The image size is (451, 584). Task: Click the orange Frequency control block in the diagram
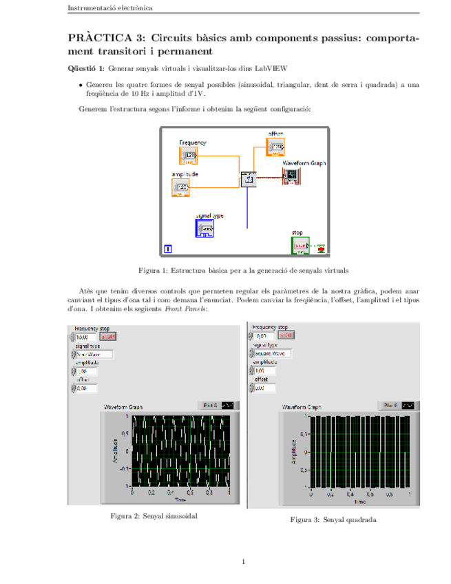pyautogui.click(x=189, y=156)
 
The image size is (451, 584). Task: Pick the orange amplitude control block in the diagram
pyautogui.click(x=180, y=187)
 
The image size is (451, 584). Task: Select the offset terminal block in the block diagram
pyautogui.click(x=275, y=146)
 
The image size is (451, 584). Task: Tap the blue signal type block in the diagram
pyautogui.click(x=204, y=228)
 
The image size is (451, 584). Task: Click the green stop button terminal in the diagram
pyautogui.click(x=300, y=246)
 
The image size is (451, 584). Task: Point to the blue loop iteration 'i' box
pyautogui.click(x=168, y=249)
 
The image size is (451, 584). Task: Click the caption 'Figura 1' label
pyautogui.click(x=154, y=271)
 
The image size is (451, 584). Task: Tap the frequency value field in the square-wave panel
pyautogui.click(x=262, y=336)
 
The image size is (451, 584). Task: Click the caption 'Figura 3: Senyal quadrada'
pyautogui.click(x=333, y=520)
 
